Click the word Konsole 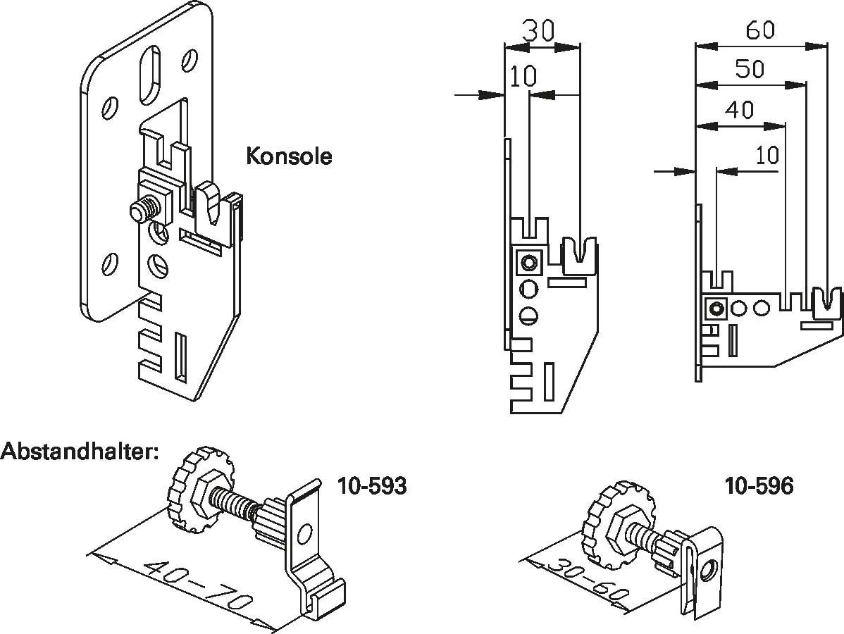click(289, 156)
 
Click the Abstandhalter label click(80, 451)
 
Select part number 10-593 click(372, 486)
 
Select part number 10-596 click(759, 486)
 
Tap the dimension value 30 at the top click(538, 31)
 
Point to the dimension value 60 click(760, 31)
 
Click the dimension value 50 click(750, 69)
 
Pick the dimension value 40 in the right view click(740, 110)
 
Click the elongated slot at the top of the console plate click(150, 75)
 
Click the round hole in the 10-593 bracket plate click(304, 533)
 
